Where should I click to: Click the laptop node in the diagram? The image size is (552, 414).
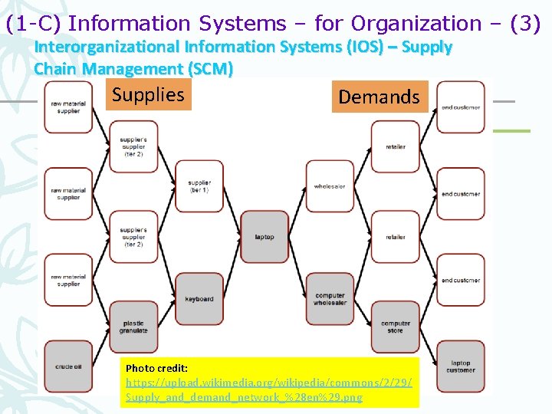[264, 236]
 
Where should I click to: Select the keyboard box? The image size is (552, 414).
[199, 297]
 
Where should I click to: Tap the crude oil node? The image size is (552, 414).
[68, 366]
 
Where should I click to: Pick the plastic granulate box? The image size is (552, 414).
[133, 326]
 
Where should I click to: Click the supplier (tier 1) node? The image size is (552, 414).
[199, 186]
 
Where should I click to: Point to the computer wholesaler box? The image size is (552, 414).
[330, 298]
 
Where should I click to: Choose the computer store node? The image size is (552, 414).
[396, 326]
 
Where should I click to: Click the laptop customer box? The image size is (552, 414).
[461, 366]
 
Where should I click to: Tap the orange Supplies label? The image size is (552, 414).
[148, 95]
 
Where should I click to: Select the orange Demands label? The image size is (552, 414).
[379, 97]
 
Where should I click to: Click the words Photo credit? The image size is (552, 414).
[156, 368]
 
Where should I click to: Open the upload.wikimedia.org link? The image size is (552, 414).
[268, 383]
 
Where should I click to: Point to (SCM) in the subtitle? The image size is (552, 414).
[210, 68]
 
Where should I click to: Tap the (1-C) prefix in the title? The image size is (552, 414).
[34, 24]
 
